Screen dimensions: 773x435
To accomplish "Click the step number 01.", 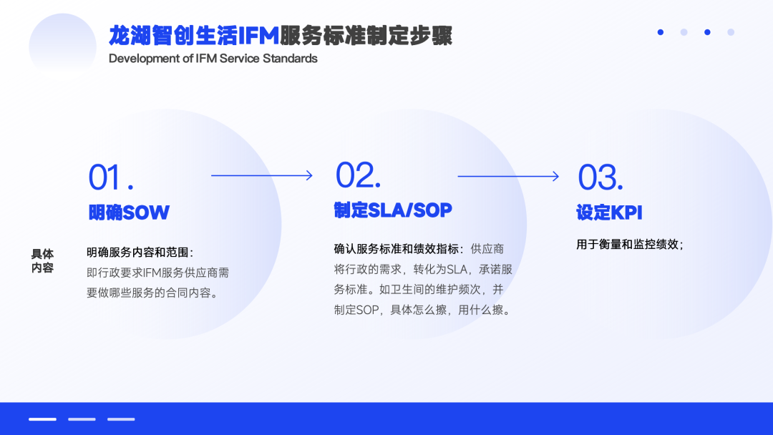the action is (x=111, y=177).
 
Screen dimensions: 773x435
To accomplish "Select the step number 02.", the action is (x=358, y=175).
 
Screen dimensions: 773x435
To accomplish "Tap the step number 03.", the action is (x=601, y=177).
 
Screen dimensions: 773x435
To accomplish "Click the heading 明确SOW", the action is (x=129, y=212).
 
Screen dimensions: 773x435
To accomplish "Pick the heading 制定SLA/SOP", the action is (x=393, y=210).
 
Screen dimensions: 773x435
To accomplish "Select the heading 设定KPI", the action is (x=609, y=212).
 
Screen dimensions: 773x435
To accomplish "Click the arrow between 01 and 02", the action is (x=262, y=175).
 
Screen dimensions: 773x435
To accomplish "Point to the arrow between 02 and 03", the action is (x=508, y=175).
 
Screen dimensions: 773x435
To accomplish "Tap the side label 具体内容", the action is (x=42, y=261).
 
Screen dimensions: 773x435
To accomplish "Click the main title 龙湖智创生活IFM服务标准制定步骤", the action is (x=280, y=35).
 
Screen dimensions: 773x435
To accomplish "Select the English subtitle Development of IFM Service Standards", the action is (x=213, y=59).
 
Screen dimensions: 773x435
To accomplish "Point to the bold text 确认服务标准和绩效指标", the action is (x=399, y=249).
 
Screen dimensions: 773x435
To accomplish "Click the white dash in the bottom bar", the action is (x=42, y=419).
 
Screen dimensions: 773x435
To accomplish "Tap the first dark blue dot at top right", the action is (x=661, y=32).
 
